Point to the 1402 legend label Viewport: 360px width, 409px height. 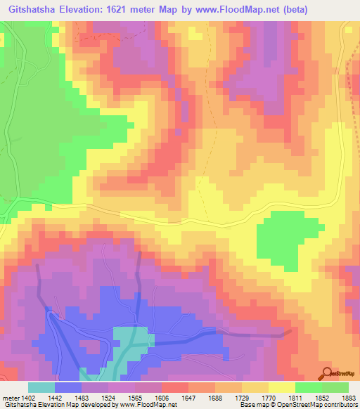[x=28, y=398]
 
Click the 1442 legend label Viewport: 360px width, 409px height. [x=55, y=398]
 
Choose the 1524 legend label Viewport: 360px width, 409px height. [x=108, y=398]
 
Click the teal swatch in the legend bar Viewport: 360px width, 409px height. [x=41, y=387]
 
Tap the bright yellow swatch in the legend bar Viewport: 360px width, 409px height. [x=281, y=387]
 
